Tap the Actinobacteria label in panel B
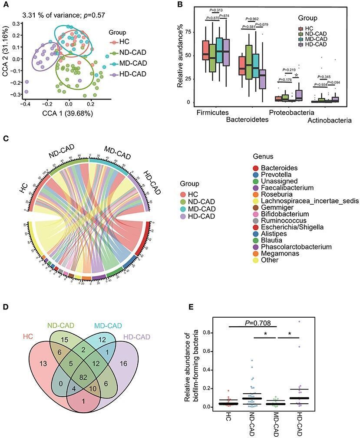[329, 120]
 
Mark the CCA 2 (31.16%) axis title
[6, 59]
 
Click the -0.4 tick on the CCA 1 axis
[26, 104]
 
